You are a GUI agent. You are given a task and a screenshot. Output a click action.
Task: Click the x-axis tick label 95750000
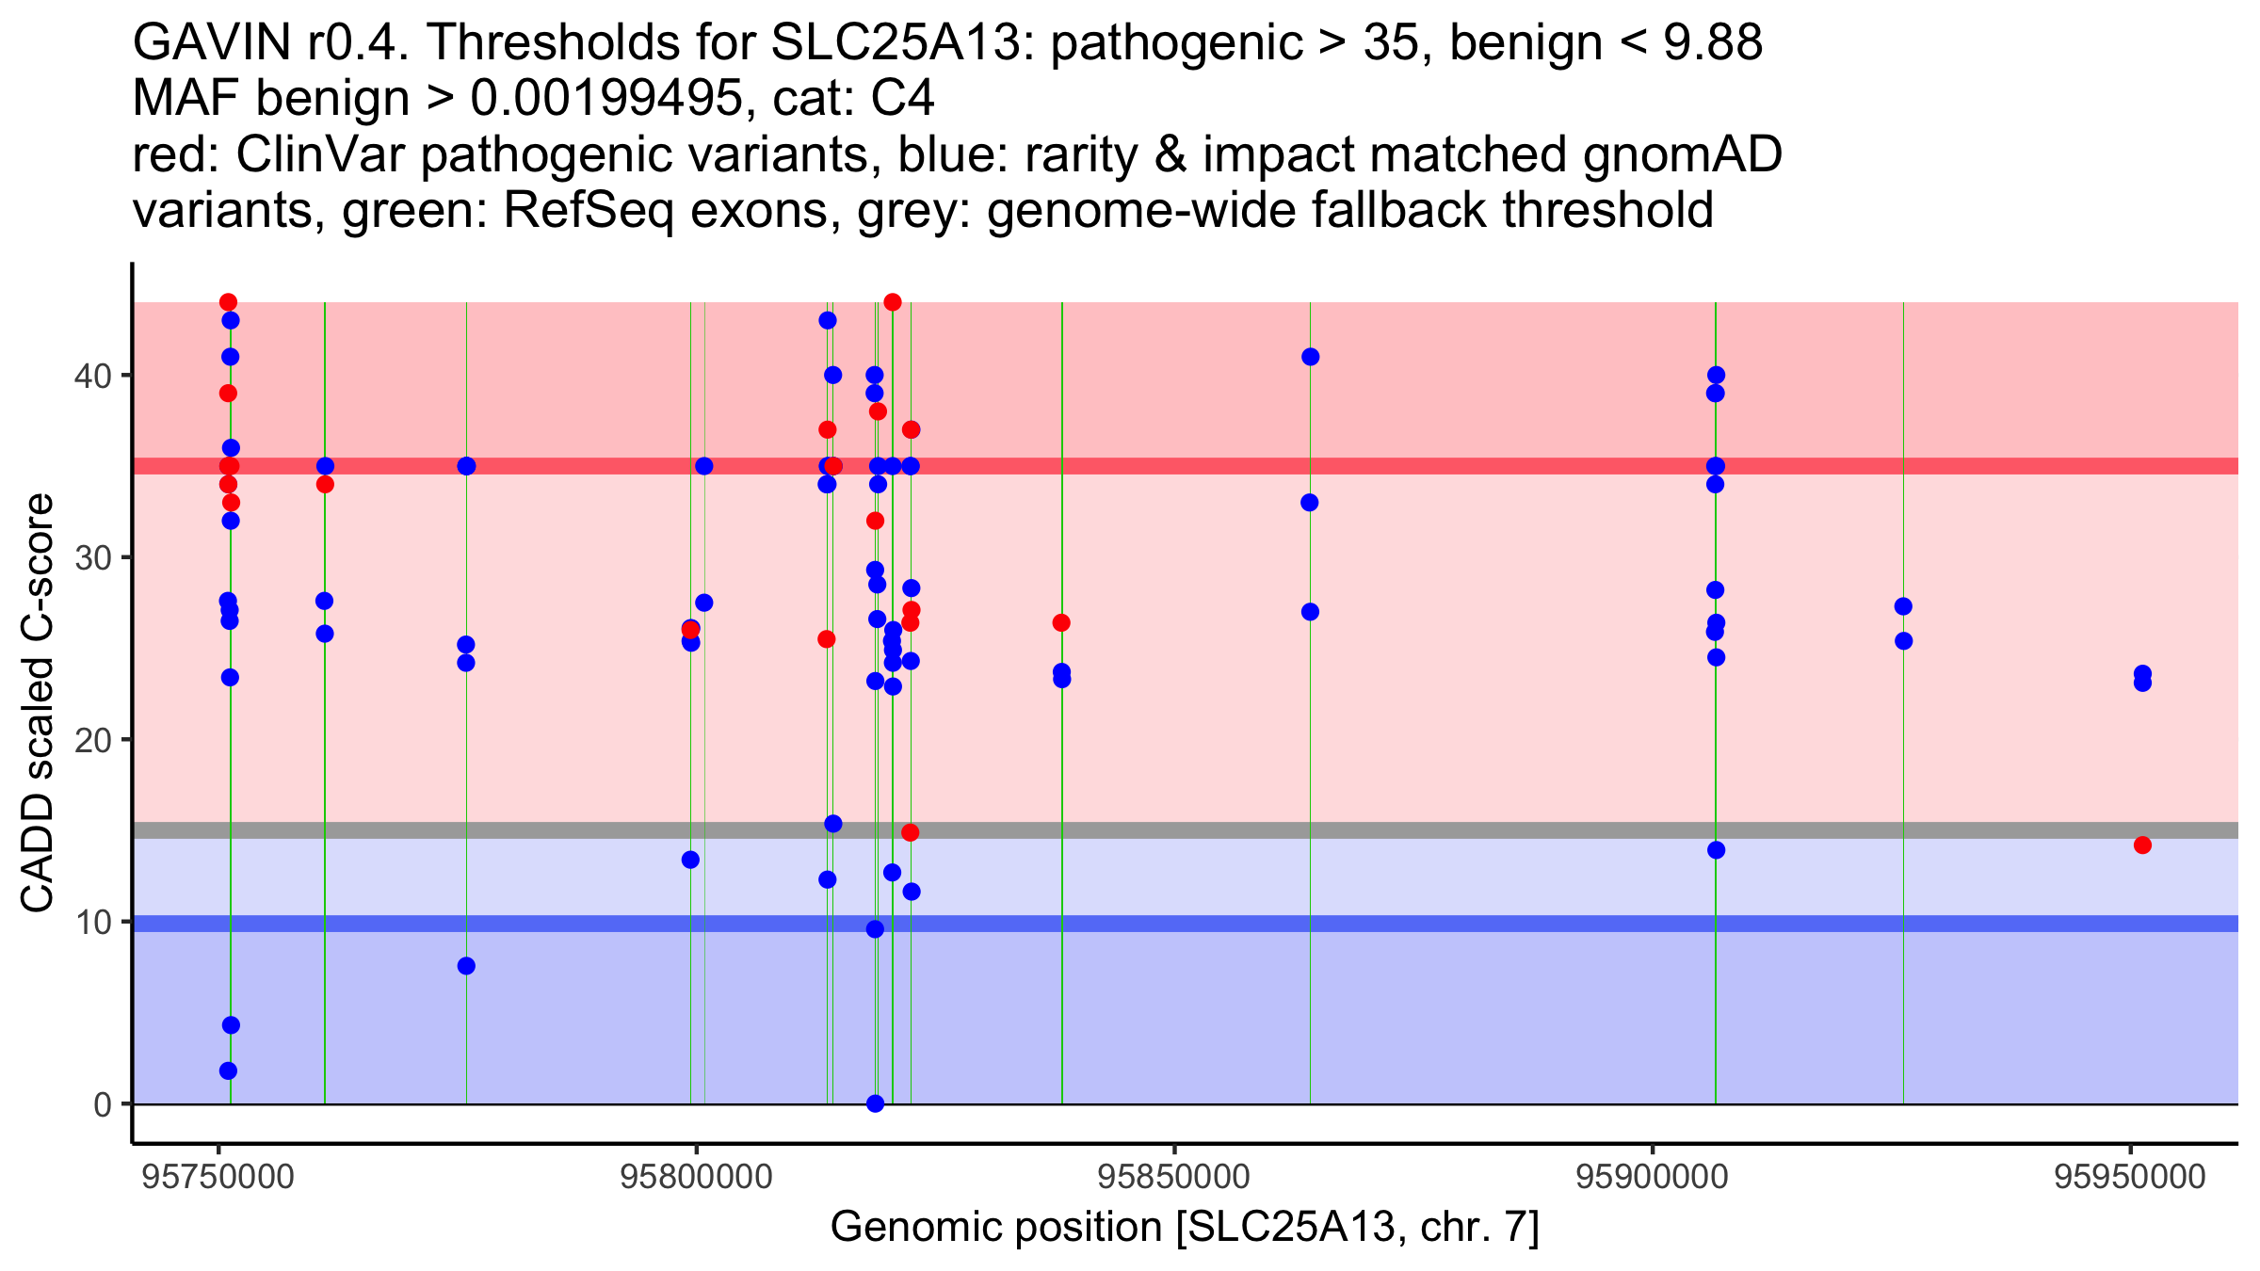pyautogui.click(x=218, y=1177)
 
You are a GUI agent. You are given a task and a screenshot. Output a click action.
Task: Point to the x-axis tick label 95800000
pyautogui.click(x=697, y=1177)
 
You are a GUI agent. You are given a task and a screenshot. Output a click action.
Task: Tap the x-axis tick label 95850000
pyautogui.click(x=1174, y=1177)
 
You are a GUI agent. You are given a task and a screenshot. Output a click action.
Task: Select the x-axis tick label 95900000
pyautogui.click(x=1653, y=1177)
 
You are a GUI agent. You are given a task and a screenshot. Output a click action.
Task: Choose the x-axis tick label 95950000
pyautogui.click(x=2130, y=1177)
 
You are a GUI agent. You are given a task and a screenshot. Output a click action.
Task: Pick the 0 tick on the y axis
pyautogui.click(x=103, y=1104)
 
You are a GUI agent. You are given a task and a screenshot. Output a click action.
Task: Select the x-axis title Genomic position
pyautogui.click(x=1184, y=1228)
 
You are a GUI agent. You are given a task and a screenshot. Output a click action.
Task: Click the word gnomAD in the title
pyautogui.click(x=1682, y=154)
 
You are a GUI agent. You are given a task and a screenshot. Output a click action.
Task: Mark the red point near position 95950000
pyautogui.click(x=2142, y=845)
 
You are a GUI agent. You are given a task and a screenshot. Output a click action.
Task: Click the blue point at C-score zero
pyautogui.click(x=875, y=1103)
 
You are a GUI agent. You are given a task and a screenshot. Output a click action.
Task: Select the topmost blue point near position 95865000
pyautogui.click(x=1310, y=357)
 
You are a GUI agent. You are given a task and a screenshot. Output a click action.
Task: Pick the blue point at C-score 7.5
pyautogui.click(x=466, y=966)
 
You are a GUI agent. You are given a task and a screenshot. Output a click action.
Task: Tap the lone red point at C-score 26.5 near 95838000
pyautogui.click(x=1061, y=623)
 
